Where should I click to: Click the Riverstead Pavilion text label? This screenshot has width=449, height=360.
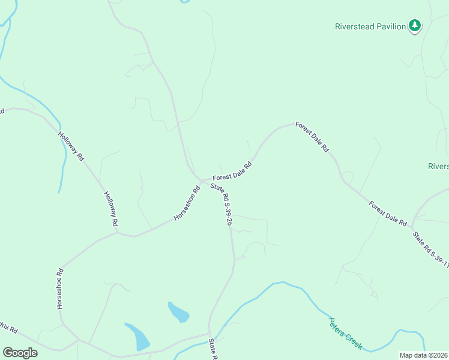click(x=370, y=26)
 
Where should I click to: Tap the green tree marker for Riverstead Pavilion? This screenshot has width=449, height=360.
click(x=414, y=26)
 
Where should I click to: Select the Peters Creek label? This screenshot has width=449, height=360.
click(x=345, y=334)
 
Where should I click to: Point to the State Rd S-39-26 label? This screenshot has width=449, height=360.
click(x=221, y=204)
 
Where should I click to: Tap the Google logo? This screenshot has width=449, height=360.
click(x=20, y=352)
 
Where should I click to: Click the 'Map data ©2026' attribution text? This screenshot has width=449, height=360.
click(x=423, y=355)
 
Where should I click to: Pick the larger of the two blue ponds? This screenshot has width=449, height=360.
click(x=138, y=337)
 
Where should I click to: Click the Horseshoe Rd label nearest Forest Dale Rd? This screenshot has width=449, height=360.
click(x=187, y=204)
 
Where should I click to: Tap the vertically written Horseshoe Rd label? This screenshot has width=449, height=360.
click(x=60, y=288)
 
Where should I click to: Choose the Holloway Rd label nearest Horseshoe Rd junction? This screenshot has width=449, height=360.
click(x=110, y=209)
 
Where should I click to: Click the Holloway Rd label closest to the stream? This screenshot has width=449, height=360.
click(x=71, y=146)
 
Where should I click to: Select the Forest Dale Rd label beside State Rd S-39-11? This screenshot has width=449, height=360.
click(x=388, y=213)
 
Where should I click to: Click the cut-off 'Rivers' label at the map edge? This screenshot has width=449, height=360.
click(x=438, y=166)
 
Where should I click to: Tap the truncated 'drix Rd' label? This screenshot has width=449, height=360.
click(x=8, y=329)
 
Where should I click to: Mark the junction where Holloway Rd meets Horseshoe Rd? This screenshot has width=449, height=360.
click(x=118, y=232)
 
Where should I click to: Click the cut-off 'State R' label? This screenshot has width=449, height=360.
click(x=212, y=350)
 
